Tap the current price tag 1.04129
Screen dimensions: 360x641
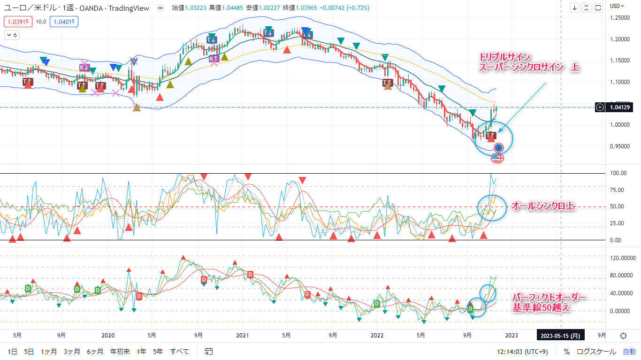(x=620, y=107)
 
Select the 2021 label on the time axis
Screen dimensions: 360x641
(x=242, y=336)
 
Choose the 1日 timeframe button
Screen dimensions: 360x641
(x=13, y=352)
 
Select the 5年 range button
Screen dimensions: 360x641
(x=158, y=352)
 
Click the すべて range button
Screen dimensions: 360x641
(x=180, y=352)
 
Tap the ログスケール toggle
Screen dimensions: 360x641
(x=596, y=352)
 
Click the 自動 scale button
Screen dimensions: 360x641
(x=629, y=352)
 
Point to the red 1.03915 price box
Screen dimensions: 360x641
(x=18, y=21)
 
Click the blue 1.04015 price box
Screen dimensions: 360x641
(x=64, y=21)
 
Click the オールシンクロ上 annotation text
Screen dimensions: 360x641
(x=542, y=206)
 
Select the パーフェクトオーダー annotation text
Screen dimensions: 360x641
(x=549, y=298)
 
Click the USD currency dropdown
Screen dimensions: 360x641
(x=617, y=6)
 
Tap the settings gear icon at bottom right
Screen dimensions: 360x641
(x=623, y=336)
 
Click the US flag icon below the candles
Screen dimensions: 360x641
(x=497, y=158)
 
